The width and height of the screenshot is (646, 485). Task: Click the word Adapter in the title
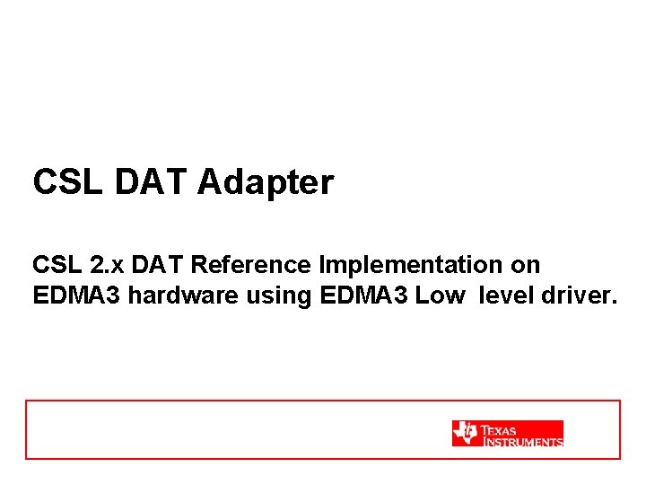[266, 183]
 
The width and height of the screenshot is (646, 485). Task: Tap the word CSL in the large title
[69, 182]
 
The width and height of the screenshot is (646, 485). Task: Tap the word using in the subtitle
[276, 296]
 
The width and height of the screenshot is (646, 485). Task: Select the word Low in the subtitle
[439, 296]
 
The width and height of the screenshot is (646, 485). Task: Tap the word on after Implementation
[525, 266]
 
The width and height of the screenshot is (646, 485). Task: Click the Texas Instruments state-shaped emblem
[465, 433]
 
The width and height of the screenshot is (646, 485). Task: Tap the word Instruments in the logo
[523, 441]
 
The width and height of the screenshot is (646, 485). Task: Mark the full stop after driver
[615, 303]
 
